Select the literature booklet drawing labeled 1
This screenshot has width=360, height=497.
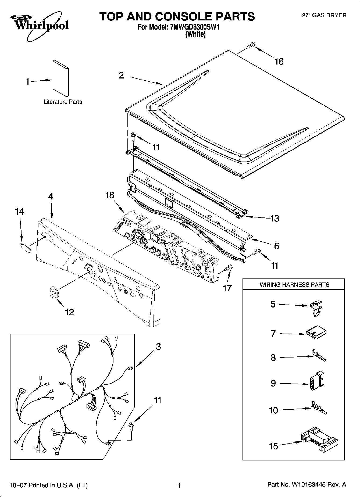click(60, 78)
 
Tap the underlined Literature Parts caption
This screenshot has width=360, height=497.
click(63, 102)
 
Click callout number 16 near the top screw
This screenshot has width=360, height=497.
click(279, 62)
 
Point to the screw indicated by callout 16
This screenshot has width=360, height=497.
click(251, 45)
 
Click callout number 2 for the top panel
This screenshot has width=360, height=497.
click(121, 76)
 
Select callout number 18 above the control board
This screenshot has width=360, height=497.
click(110, 195)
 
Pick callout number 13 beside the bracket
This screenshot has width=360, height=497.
click(275, 218)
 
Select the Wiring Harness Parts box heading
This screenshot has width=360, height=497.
click(294, 285)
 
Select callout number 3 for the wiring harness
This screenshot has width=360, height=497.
click(158, 347)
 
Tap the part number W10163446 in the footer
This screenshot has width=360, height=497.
click(308, 485)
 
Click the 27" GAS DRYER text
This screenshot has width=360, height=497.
click(324, 16)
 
